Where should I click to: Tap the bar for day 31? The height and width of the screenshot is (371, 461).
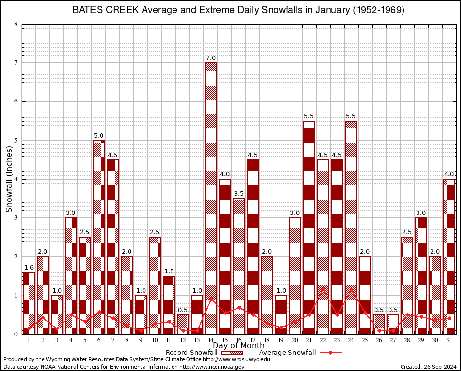tap(449, 256)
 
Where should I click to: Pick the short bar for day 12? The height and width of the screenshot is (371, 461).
tap(183, 324)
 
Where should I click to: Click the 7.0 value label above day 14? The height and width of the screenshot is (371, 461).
tap(211, 58)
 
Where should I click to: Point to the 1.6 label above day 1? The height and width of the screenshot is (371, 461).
tap(29, 267)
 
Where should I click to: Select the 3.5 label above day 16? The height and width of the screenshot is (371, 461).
tap(239, 194)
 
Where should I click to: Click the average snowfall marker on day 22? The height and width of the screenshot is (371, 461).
tap(323, 289)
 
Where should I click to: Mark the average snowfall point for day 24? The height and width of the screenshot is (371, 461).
tap(351, 289)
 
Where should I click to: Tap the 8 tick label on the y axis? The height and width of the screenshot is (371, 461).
tap(16, 24)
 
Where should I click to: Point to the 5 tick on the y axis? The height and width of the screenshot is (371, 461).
tap(16, 141)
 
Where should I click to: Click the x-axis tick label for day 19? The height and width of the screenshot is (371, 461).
tap(281, 340)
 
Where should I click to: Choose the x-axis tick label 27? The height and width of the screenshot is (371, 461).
tap(393, 340)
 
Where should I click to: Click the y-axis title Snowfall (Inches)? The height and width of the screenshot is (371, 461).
tap(9, 179)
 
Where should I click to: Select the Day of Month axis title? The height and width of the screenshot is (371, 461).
tap(239, 346)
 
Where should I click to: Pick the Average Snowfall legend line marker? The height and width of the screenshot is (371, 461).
tap(331, 353)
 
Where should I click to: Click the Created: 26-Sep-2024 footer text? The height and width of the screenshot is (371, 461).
tap(428, 367)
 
